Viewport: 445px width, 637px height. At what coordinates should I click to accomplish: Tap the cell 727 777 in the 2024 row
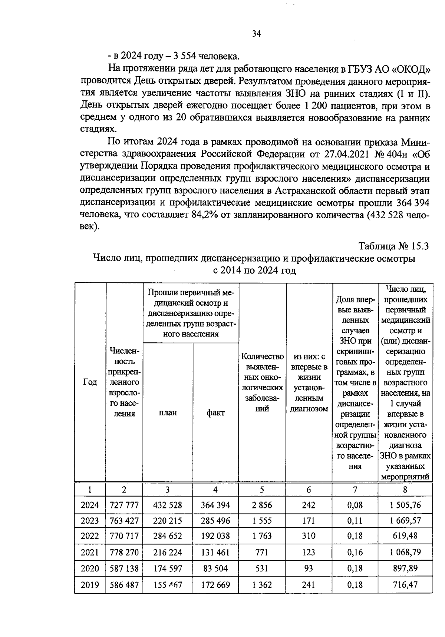coord(124,505)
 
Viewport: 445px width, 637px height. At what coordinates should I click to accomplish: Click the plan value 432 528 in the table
coord(168,505)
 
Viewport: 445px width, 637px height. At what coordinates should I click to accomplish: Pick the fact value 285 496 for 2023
coord(215,521)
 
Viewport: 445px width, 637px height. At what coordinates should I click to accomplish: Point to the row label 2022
coord(90,536)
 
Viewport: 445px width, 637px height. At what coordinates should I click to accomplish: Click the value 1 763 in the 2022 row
coord(262,536)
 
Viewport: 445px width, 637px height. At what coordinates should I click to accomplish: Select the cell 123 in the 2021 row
coord(309,552)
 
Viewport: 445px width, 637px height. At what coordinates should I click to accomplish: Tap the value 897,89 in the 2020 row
coord(405,568)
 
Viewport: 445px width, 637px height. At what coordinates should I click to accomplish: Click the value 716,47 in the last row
coord(405,585)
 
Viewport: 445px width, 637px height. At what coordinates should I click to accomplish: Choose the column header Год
coord(90,382)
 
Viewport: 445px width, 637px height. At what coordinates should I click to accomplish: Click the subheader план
coord(168,412)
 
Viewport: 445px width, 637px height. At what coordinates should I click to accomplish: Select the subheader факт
coord(215,412)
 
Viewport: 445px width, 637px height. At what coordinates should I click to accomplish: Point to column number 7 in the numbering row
coord(355,490)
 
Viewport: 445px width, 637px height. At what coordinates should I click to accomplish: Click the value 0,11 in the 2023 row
coord(355,521)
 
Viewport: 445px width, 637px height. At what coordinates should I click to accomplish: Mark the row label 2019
coord(90,585)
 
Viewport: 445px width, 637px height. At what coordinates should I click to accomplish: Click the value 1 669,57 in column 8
coord(405,521)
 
